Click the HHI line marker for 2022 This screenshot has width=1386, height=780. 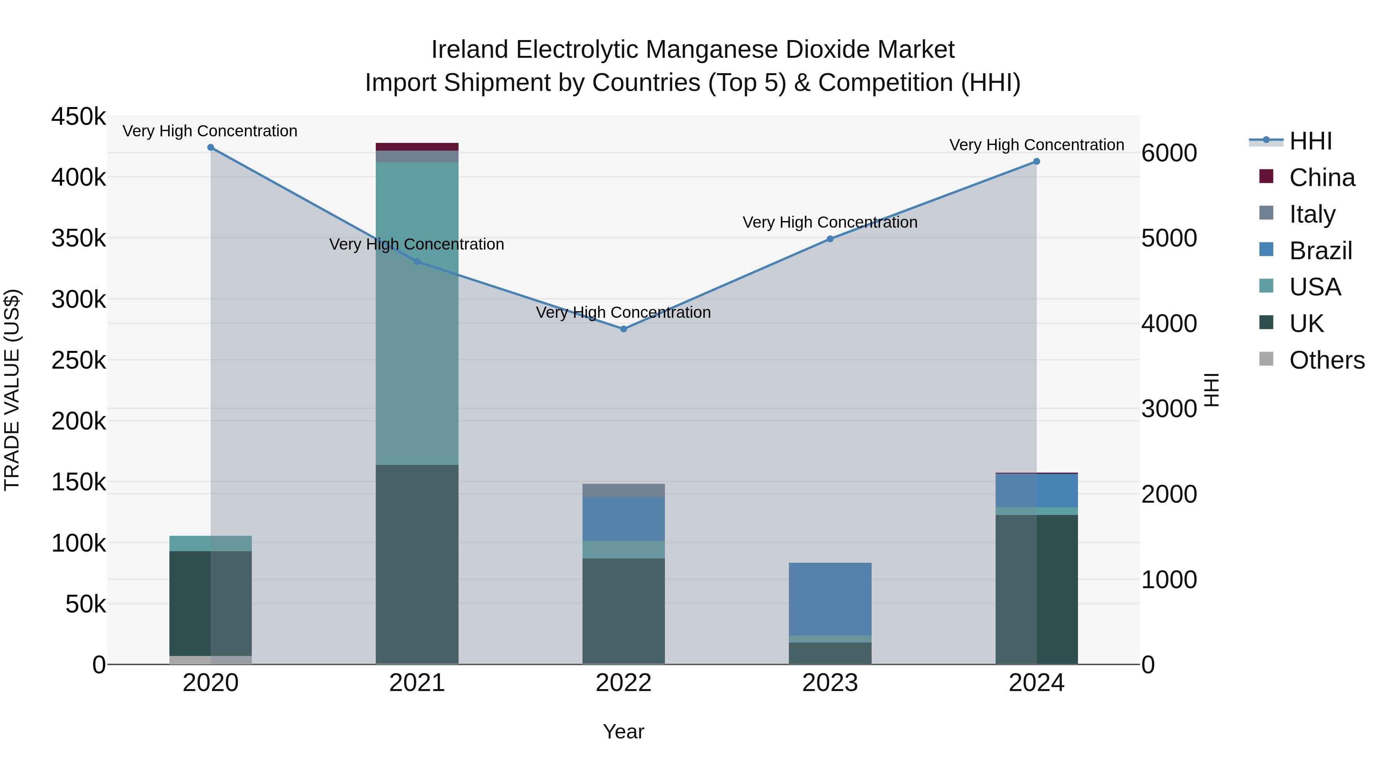624,329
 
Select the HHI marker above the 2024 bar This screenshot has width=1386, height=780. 1036,161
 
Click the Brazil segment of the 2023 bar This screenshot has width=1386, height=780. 830,599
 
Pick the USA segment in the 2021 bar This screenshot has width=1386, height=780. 417,312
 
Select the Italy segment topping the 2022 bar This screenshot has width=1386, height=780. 624,490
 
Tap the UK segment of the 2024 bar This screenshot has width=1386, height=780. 1036,589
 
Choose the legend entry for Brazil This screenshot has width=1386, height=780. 1321,251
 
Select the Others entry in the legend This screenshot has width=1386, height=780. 1326,360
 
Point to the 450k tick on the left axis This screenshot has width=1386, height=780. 79,117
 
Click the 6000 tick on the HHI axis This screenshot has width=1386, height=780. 1168,153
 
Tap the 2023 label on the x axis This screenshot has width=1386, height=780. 830,683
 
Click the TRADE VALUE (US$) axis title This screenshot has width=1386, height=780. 12,390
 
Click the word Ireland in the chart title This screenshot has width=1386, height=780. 470,50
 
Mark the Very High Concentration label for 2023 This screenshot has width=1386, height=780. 830,222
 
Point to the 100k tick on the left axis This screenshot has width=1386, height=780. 79,543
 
